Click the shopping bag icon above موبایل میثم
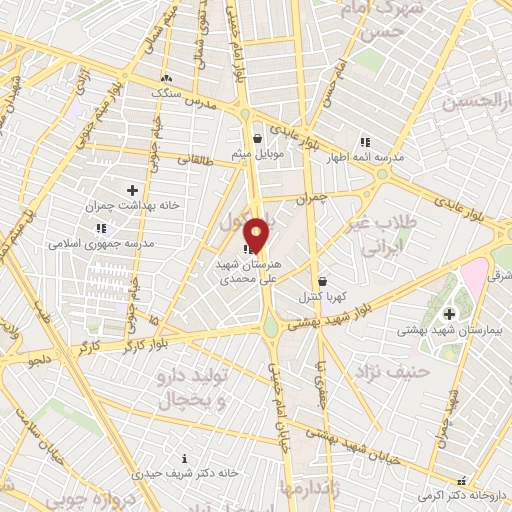pyautogui.click(x=259, y=138)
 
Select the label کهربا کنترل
pyautogui.click(x=320, y=297)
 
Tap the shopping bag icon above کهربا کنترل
pyautogui.click(x=322, y=282)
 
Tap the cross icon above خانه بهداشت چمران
pyautogui.click(x=132, y=189)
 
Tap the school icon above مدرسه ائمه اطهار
pyautogui.click(x=365, y=143)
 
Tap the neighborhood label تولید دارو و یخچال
pyautogui.click(x=193, y=390)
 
